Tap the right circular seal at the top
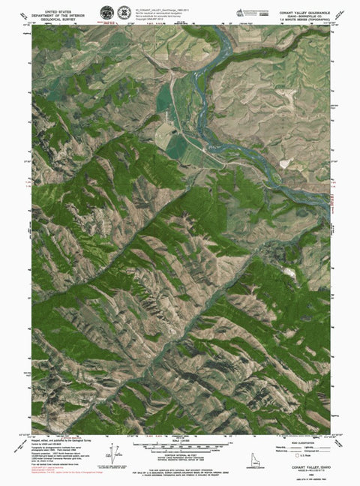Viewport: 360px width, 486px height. pos(123,13)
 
